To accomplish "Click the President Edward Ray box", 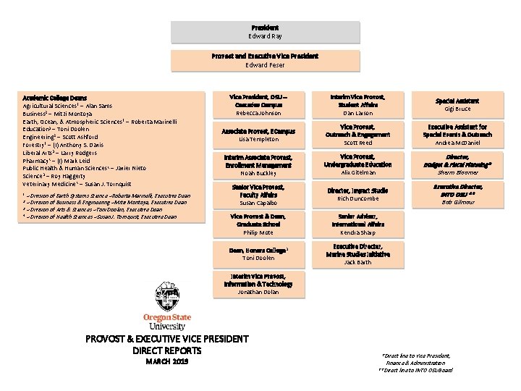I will (x=265, y=32).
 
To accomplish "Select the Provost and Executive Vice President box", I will (x=265, y=60).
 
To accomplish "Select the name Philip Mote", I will (x=258, y=232).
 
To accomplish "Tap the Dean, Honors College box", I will (x=258, y=253).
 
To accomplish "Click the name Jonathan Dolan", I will (x=258, y=292).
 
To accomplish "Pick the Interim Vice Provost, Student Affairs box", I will (x=357, y=105).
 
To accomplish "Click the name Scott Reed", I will (x=357, y=143).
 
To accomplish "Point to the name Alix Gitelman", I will (x=358, y=173).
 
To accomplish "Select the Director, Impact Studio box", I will (x=357, y=194).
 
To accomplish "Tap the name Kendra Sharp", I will (x=357, y=232).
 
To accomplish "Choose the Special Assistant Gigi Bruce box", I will (x=457, y=105).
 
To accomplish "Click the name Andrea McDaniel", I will (x=457, y=143).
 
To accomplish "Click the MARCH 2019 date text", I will (x=166, y=361).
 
